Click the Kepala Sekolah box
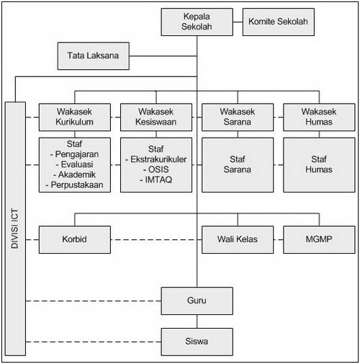[x=197, y=22]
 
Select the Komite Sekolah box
[x=279, y=22]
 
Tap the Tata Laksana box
[x=94, y=56]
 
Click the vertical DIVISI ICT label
[x=14, y=228]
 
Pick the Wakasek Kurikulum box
[x=75, y=117]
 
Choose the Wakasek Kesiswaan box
[x=156, y=117]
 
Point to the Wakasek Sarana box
[x=238, y=117]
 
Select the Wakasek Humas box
[x=319, y=117]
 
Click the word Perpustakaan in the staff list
[x=77, y=185]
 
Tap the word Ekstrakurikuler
[x=158, y=159]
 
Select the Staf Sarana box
[x=238, y=165]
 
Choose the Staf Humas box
[x=319, y=165]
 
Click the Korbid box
[x=75, y=239]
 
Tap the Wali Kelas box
[x=238, y=239]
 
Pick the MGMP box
[x=319, y=239]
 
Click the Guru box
[x=197, y=301]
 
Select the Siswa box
[x=197, y=342]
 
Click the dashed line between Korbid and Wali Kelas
[x=156, y=239]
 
